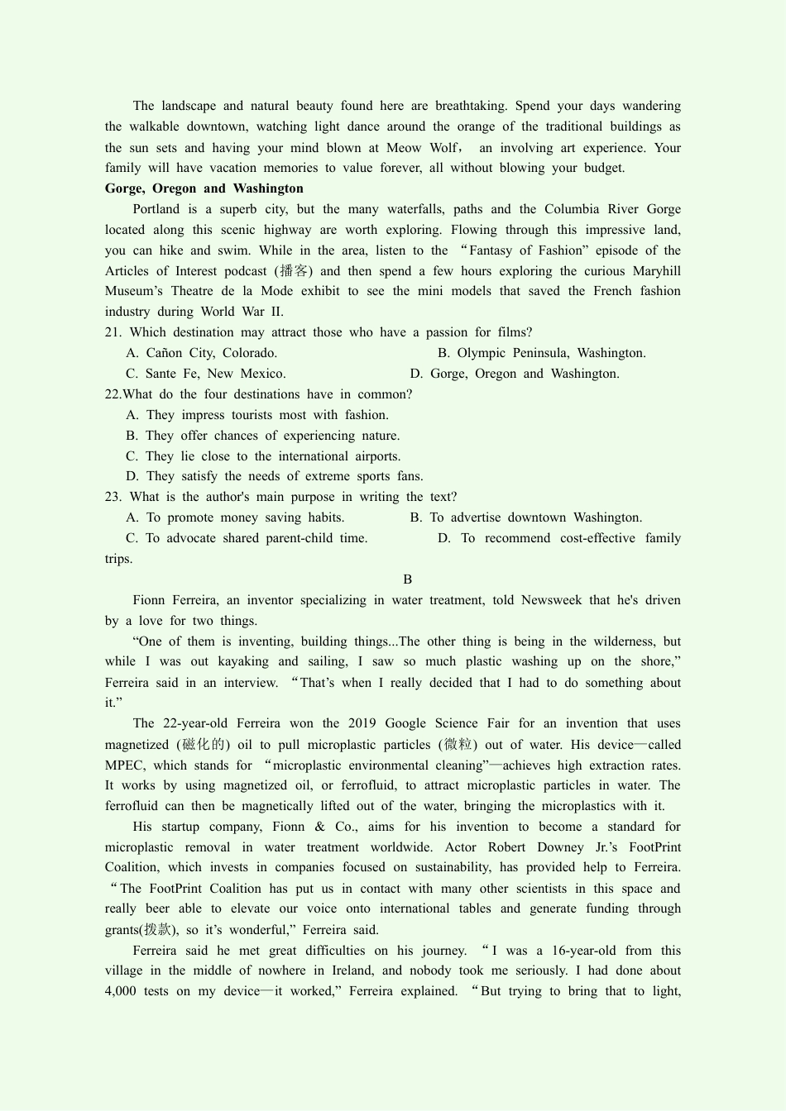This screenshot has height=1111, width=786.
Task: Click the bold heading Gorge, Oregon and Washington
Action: click(x=204, y=188)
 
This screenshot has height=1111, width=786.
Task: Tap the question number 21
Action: click(x=113, y=332)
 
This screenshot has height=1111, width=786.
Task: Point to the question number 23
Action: click(x=113, y=497)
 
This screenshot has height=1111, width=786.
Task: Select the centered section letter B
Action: click(x=407, y=579)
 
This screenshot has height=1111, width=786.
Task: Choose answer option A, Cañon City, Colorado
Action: click(x=201, y=353)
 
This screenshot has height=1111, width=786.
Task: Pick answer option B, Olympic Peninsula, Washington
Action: click(x=541, y=353)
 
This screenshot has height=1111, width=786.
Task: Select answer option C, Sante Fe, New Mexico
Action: click(x=205, y=374)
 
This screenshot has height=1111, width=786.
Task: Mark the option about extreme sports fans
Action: click(x=274, y=476)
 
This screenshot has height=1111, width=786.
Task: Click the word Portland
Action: click(x=156, y=209)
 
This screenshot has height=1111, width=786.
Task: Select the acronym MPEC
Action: click(x=125, y=765)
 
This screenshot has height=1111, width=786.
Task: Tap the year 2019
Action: click(x=362, y=723)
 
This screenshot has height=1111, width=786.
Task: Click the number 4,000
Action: click(x=121, y=991)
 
